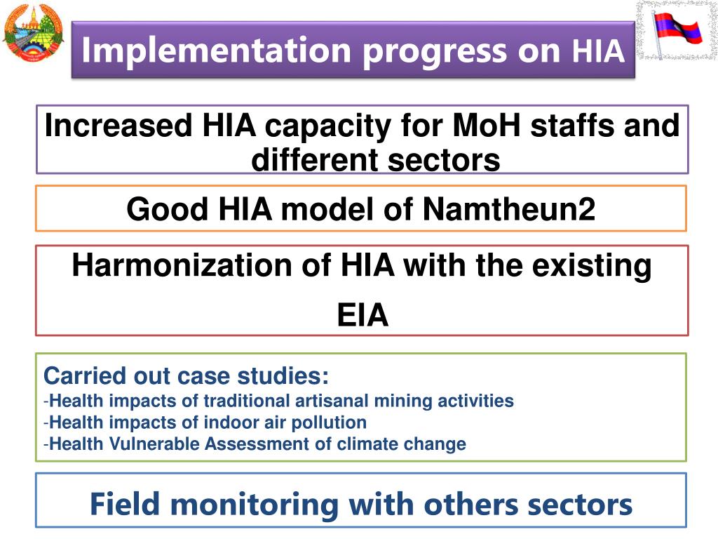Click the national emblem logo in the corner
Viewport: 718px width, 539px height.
click(x=33, y=35)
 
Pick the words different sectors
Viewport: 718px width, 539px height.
click(x=375, y=160)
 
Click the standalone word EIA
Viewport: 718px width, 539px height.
click(x=363, y=316)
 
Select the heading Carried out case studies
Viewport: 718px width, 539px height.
click(x=186, y=376)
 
